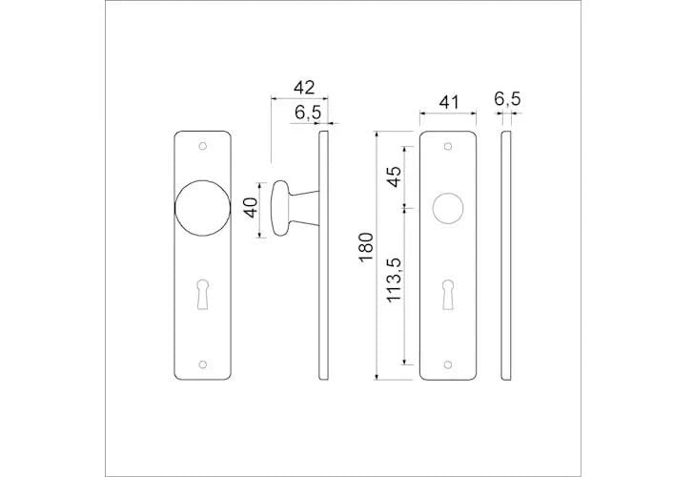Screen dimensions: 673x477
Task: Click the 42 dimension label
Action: pyautogui.click(x=304, y=88)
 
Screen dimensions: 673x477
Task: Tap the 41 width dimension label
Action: pyautogui.click(x=449, y=102)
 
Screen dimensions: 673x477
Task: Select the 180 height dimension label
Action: pyautogui.click(x=367, y=247)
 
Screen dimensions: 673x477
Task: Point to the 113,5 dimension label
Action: pyautogui.click(x=394, y=280)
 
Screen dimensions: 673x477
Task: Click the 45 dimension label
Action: pyautogui.click(x=394, y=176)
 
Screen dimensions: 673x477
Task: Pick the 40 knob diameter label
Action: pyautogui.click(x=250, y=208)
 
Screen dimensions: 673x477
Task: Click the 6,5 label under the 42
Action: pyautogui.click(x=308, y=113)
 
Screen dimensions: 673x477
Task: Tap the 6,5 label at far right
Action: pyautogui.click(x=507, y=99)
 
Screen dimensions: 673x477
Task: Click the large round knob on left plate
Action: pyautogui.click(x=203, y=208)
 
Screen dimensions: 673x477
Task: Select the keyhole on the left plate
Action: pyautogui.click(x=203, y=294)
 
